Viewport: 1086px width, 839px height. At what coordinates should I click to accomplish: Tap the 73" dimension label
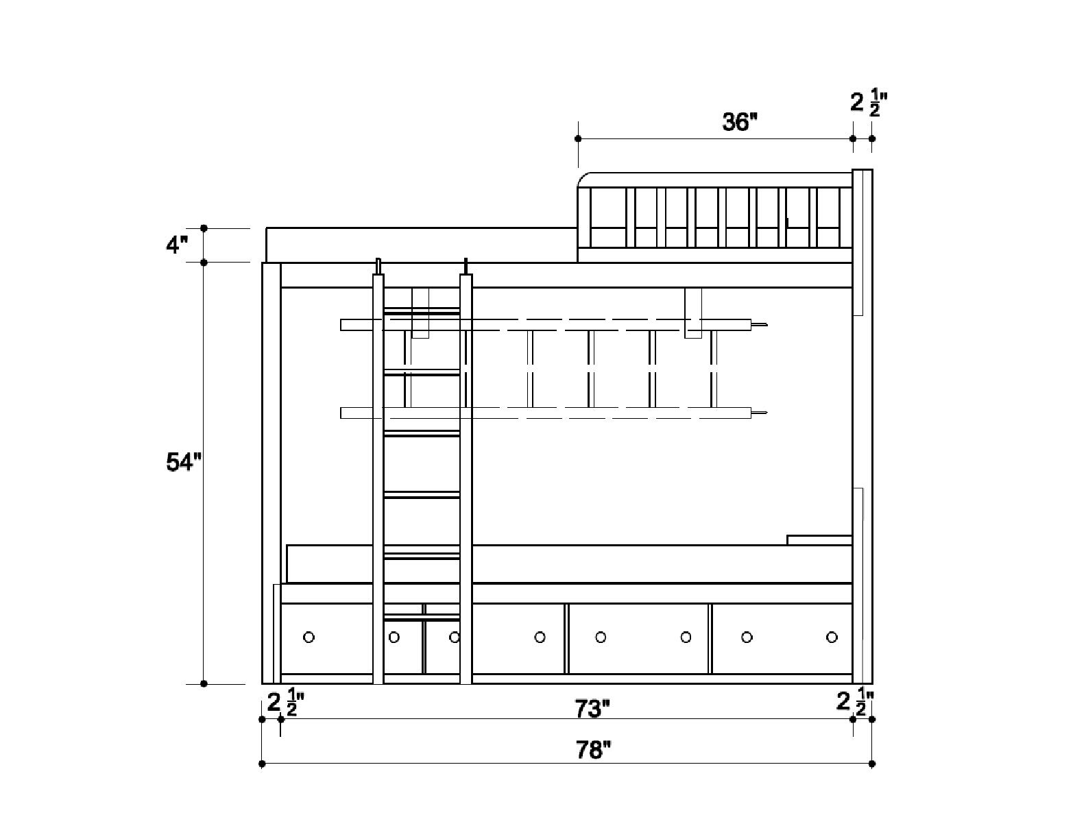(x=592, y=708)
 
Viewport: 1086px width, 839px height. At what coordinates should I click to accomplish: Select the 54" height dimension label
(x=184, y=462)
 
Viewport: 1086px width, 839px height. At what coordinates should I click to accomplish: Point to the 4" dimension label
(x=177, y=245)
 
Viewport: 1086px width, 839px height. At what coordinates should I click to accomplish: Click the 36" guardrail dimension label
(x=740, y=122)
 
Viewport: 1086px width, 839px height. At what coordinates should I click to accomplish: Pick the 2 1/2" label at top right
(x=868, y=103)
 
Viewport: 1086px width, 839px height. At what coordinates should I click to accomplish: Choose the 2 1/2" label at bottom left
(x=285, y=703)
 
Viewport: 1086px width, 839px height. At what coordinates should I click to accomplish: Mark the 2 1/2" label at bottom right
(x=854, y=703)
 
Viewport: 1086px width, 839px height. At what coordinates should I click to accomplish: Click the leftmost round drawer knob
(x=309, y=637)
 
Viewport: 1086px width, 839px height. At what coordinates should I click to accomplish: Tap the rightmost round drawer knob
(x=832, y=637)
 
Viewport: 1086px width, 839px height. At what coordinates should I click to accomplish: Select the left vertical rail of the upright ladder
(x=378, y=480)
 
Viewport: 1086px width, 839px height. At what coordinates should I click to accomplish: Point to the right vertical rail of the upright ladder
(x=466, y=480)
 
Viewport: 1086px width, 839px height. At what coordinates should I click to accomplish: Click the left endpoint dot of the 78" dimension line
(x=262, y=764)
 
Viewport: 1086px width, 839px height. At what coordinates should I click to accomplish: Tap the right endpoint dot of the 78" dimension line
(x=872, y=764)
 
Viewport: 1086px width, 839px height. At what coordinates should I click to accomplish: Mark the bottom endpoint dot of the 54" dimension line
(x=204, y=683)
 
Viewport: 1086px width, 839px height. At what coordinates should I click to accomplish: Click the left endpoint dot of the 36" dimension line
(x=578, y=138)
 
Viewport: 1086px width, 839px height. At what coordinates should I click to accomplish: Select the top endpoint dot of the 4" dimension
(x=204, y=228)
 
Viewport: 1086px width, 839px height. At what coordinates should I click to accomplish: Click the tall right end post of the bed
(x=862, y=425)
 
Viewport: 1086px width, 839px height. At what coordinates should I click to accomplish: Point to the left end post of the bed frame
(x=271, y=473)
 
